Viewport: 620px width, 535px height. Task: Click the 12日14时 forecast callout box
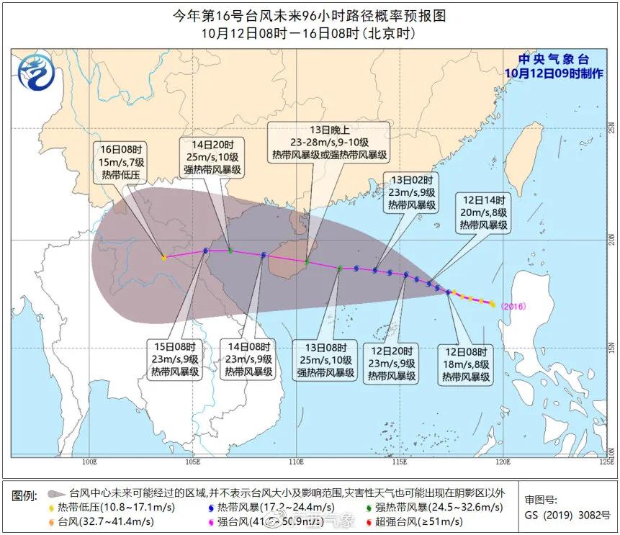pos(484,213)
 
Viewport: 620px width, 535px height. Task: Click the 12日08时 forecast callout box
pos(466,364)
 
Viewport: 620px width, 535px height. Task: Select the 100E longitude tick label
pos(90,461)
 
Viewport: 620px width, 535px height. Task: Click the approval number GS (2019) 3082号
pos(567,516)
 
